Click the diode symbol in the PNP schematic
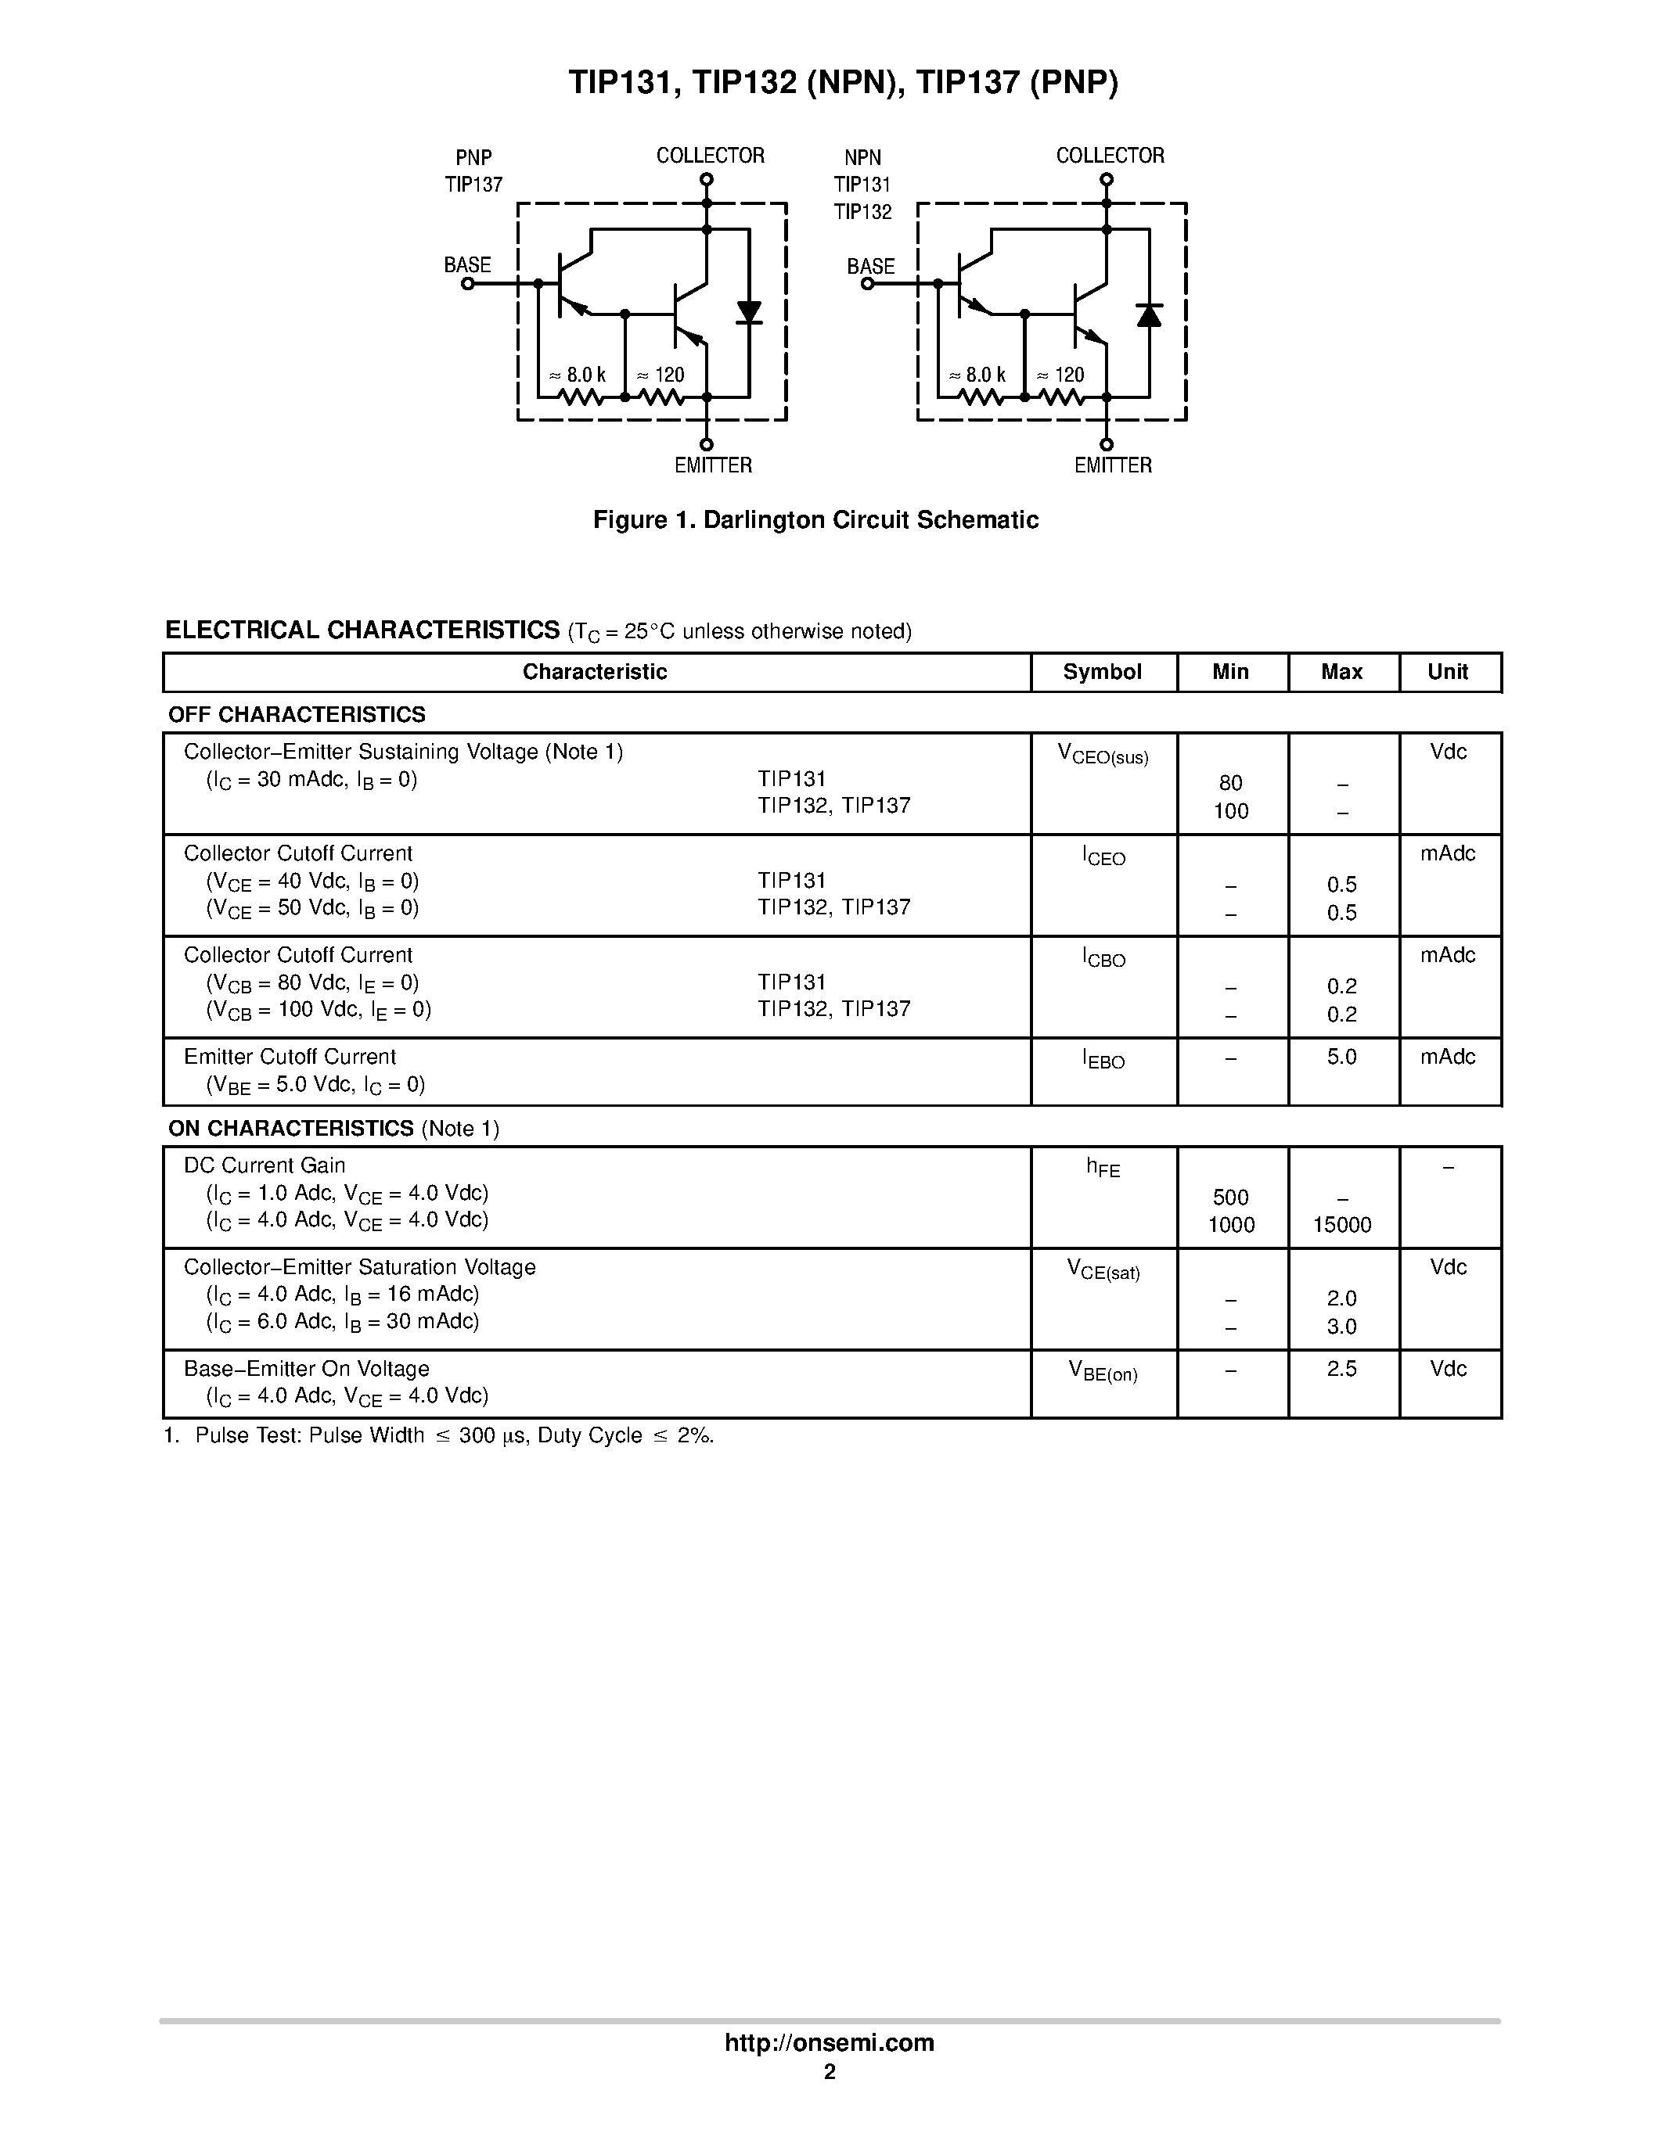coord(749,313)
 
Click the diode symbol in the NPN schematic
coord(1149,315)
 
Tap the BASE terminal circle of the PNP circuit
coord(468,284)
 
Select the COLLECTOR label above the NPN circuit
coord(1110,156)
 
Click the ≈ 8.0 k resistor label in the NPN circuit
coord(977,375)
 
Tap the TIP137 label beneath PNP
coord(474,184)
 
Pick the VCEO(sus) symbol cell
coord(1103,756)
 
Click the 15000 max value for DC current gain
coord(1342,1225)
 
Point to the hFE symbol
coord(1103,1168)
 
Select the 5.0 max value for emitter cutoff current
coord(1342,1057)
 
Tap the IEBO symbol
coord(1103,1060)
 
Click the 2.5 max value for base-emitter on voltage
coord(1342,1369)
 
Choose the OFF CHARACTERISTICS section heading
coord(297,714)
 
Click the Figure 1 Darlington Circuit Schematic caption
coord(815,520)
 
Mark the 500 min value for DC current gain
coord(1230,1198)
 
